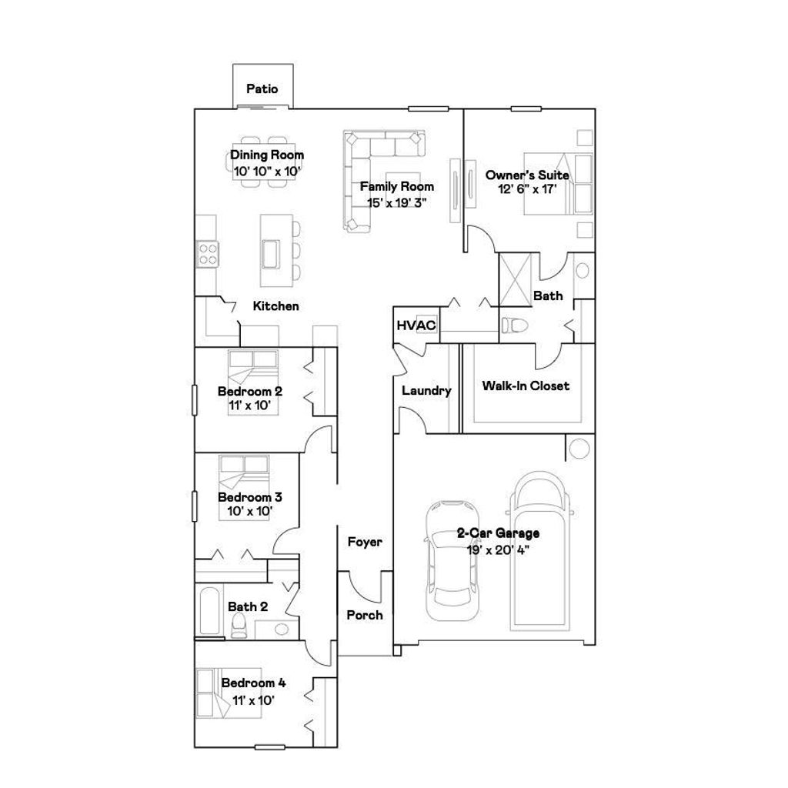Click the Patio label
pos(262,89)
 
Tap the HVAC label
pos(416,325)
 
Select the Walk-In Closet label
pos(526,386)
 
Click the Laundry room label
pos(426,391)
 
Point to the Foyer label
pos(365,542)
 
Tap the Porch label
pos(365,615)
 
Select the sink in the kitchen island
pos(271,252)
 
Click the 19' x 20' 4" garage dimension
pos(498,549)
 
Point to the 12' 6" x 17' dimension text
pos(526,188)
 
